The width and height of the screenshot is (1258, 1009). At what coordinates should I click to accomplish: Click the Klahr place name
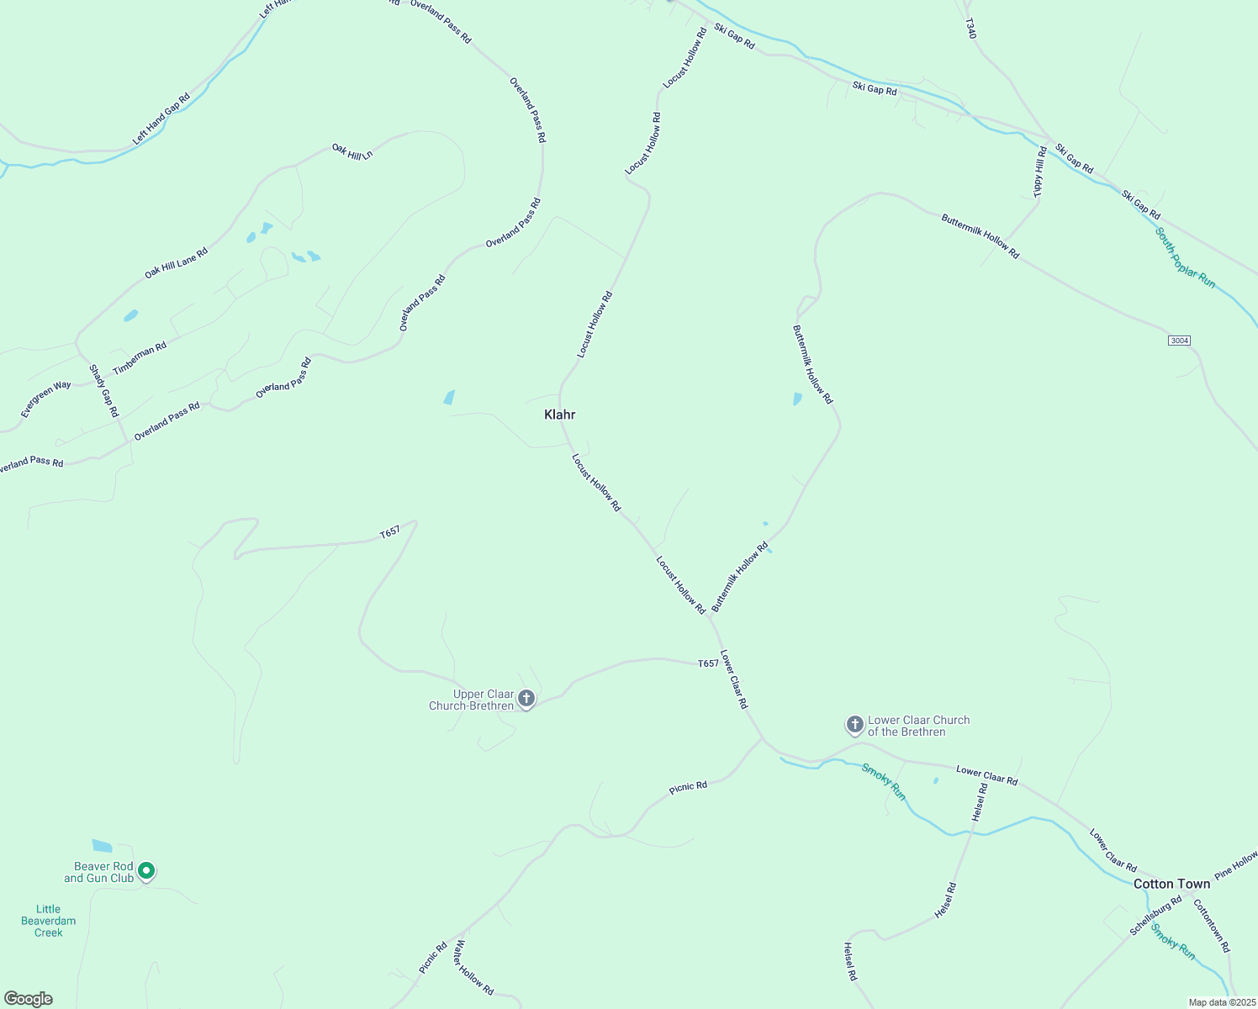(559, 415)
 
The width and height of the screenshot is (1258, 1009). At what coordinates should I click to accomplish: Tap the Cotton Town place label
(1171, 884)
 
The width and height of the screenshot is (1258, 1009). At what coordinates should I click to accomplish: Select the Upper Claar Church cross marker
(526, 699)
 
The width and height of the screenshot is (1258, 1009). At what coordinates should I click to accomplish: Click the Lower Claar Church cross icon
(854, 724)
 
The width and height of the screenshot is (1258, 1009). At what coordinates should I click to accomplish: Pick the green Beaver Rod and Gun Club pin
(146, 870)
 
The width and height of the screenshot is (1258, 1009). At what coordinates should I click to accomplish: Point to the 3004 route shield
(1179, 341)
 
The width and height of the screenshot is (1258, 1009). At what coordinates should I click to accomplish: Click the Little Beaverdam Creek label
(49, 921)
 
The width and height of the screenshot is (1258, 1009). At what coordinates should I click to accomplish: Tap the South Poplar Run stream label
(1185, 258)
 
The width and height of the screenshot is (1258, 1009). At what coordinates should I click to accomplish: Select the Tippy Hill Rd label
(1039, 172)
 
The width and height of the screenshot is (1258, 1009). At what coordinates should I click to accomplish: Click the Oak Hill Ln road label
(351, 151)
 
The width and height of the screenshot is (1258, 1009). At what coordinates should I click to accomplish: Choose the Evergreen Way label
(46, 399)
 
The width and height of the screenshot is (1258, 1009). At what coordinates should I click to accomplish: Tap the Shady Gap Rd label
(103, 391)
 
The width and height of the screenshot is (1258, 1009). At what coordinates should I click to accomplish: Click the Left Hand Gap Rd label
(161, 119)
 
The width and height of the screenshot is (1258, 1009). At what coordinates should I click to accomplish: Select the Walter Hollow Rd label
(473, 968)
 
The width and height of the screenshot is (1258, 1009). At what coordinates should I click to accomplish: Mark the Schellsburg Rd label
(1155, 917)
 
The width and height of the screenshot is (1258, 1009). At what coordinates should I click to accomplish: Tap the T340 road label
(970, 29)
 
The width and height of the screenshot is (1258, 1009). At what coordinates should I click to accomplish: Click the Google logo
(29, 999)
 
